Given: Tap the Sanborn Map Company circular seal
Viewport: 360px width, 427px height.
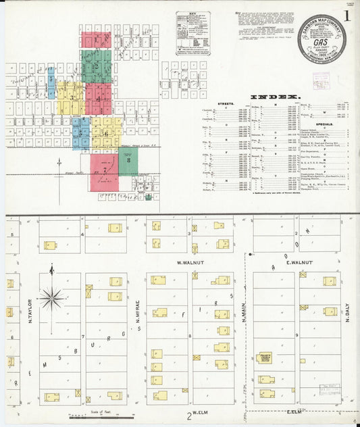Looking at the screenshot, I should tap(322, 38).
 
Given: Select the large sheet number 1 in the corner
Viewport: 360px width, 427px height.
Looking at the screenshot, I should tap(346, 14).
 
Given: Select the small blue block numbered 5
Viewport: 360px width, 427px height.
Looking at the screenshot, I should tap(51, 79).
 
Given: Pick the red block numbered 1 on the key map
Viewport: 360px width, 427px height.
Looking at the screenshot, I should tap(97, 40).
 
